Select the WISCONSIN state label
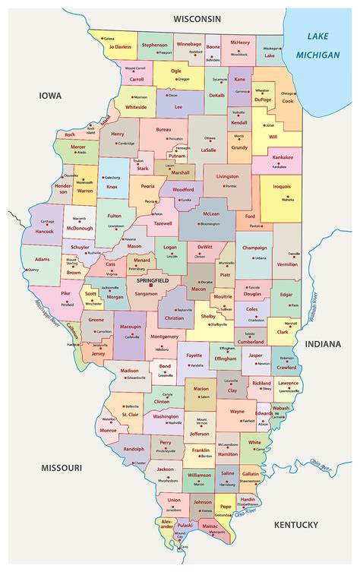tap(197, 17)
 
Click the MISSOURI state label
tap(62, 467)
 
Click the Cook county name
tap(287, 100)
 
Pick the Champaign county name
tap(255, 248)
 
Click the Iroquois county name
tap(283, 192)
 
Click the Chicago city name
tap(288, 93)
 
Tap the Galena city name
tap(109, 38)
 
